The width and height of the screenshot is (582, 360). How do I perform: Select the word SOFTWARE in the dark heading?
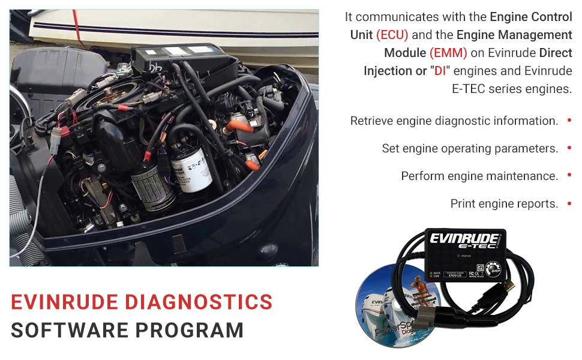[x=65, y=330]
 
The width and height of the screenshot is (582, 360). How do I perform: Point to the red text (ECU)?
[x=392, y=35]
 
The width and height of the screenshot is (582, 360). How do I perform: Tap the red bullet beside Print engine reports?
[x=569, y=203]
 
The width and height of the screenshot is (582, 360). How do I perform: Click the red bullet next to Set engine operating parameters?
[x=569, y=148]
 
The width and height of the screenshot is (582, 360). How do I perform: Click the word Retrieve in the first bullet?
[x=370, y=121]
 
